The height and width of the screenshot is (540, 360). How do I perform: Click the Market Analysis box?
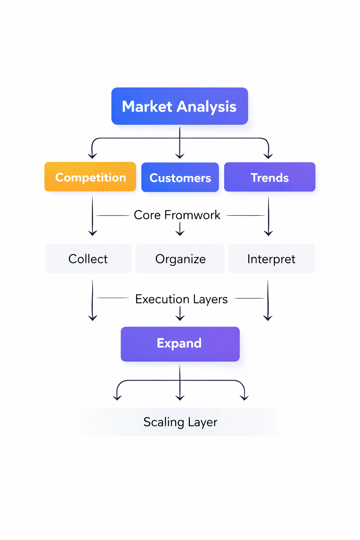coord(180,106)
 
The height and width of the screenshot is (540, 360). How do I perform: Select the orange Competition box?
coord(90,177)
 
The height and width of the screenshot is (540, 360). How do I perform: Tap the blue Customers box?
coord(180,177)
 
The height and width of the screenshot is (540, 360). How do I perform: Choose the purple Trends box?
coord(270,177)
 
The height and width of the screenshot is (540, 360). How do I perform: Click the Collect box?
coord(88,259)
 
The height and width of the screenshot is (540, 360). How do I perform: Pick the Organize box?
coord(180,259)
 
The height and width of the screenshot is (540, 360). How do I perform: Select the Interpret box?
coord(271,259)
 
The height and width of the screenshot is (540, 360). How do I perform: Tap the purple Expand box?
coord(180,344)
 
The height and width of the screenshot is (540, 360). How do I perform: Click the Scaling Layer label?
coord(180,422)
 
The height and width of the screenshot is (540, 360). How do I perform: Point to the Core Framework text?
coord(177,215)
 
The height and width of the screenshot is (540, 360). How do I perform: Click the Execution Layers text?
coord(181,299)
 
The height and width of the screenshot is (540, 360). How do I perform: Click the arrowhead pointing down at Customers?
coord(180,156)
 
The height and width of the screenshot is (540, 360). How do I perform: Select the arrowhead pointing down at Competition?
coord(92,156)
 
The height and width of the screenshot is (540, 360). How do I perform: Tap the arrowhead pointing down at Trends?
coord(268,156)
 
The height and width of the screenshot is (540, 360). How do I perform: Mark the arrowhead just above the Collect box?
coord(92,233)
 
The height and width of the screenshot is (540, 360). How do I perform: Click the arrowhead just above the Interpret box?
coord(269,233)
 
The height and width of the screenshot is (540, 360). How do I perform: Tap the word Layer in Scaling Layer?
coord(202,422)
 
